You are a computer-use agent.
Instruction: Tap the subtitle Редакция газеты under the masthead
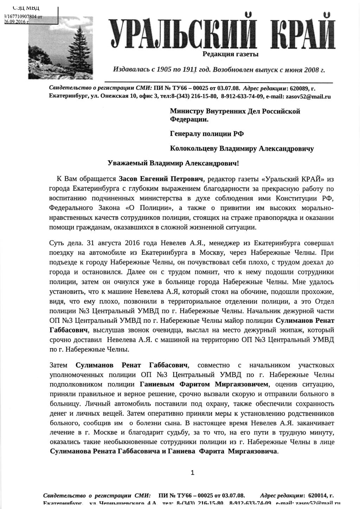[230, 54]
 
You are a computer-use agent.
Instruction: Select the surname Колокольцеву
[194, 148]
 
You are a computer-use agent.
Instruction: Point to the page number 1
[192, 473]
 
